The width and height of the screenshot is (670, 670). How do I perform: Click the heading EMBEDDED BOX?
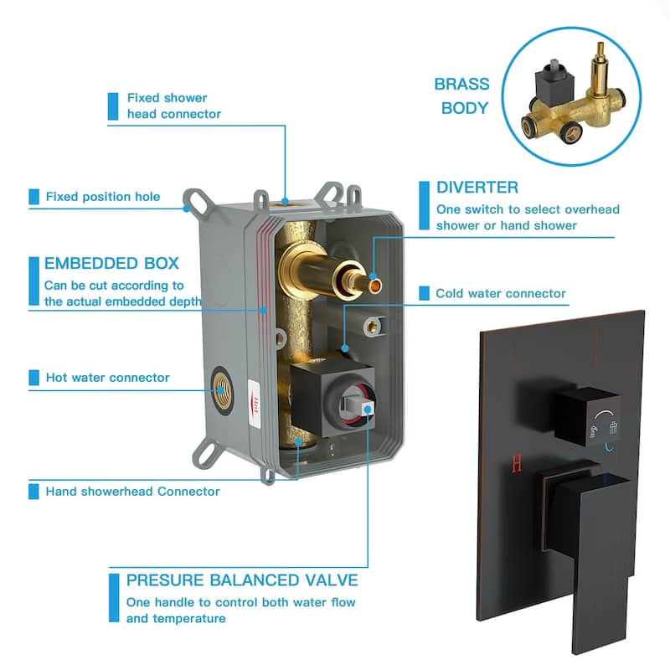click(111, 263)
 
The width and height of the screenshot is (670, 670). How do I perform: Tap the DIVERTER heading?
click(477, 187)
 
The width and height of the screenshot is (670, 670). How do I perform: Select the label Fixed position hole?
click(103, 197)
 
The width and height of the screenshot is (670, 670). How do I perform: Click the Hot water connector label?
click(108, 378)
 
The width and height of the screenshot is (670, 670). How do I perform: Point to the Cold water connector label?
click(501, 293)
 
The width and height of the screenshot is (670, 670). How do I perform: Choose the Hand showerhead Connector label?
click(133, 492)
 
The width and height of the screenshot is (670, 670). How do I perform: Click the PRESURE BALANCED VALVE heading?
click(242, 580)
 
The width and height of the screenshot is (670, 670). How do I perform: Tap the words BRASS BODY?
click(462, 95)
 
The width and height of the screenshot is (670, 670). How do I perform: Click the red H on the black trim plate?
click(517, 464)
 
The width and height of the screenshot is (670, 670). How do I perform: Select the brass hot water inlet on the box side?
click(221, 389)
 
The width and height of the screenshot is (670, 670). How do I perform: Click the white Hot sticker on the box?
click(255, 405)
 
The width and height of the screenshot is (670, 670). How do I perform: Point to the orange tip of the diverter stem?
click(375, 286)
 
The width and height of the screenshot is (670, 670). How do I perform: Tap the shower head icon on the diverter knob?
click(614, 428)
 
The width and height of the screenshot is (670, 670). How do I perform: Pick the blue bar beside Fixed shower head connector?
click(113, 106)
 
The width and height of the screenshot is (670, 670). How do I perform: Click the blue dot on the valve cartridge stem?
click(368, 410)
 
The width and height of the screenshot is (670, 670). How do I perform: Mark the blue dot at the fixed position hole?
click(187, 209)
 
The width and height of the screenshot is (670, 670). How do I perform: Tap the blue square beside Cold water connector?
click(425, 293)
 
